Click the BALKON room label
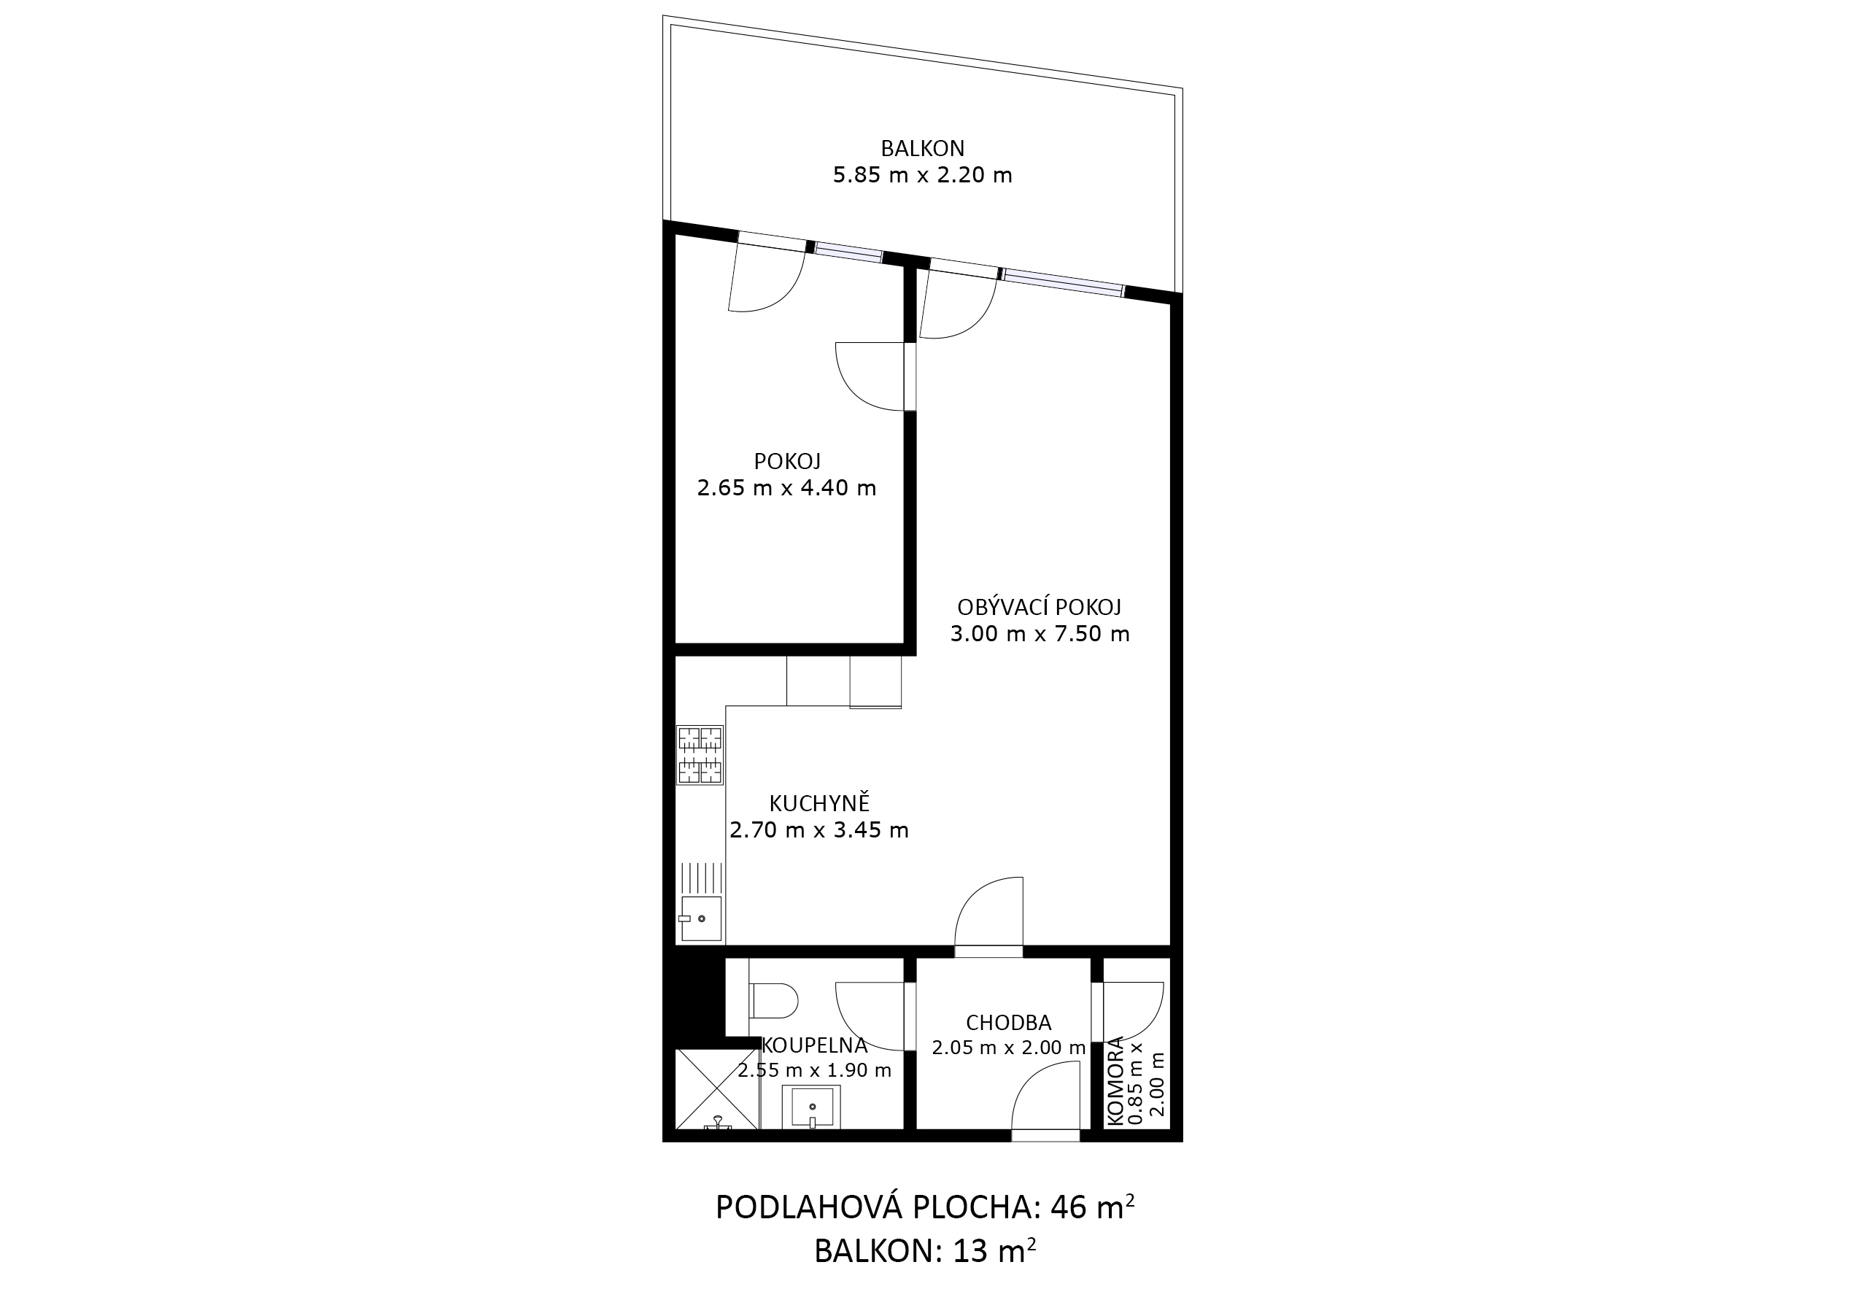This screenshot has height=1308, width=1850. [922, 148]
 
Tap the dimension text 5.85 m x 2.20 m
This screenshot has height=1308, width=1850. [922, 175]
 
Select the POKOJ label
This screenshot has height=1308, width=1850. [786, 461]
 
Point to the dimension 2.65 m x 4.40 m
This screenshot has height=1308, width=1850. [786, 487]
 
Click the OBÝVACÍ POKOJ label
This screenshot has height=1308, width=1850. [1039, 607]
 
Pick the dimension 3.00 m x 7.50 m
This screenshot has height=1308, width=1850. [1040, 633]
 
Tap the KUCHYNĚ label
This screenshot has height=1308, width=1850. [819, 802]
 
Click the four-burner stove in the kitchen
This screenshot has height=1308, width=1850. [700, 755]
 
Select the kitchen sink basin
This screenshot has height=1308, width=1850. [701, 918]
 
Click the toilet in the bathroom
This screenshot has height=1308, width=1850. [773, 1001]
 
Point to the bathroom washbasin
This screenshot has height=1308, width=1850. [811, 1107]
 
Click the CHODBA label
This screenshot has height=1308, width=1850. [1008, 1023]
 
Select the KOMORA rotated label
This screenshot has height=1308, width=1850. [1115, 1080]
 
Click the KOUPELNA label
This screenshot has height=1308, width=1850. [815, 1045]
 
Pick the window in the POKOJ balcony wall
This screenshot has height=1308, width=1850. [848, 252]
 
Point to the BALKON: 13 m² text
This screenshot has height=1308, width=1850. [925, 1251]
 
